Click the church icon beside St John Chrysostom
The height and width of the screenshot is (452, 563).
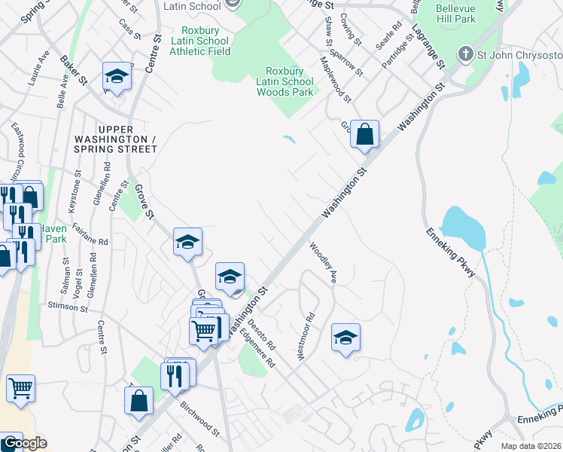pos(466,54)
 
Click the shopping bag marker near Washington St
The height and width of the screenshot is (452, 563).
pos(364,135)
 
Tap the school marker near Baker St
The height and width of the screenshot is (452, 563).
pos(117,77)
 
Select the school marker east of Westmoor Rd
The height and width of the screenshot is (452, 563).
pos(345,337)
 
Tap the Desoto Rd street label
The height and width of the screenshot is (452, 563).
pos(263,336)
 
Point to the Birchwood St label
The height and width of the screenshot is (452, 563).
pos(199,419)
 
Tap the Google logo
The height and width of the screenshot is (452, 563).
pos(24,443)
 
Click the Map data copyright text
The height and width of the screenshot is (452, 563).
pos(531,446)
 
